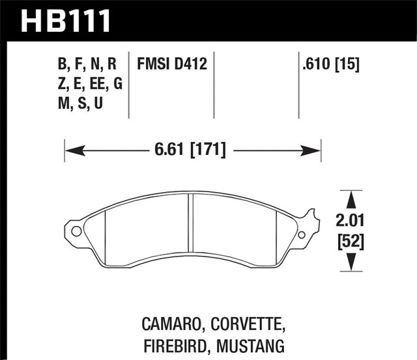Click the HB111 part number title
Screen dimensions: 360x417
(x=66, y=19)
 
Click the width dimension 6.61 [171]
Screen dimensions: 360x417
(x=192, y=150)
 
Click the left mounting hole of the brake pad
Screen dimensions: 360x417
(x=76, y=230)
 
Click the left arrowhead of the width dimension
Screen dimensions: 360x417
(x=70, y=150)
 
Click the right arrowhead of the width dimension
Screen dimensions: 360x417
(x=316, y=150)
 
